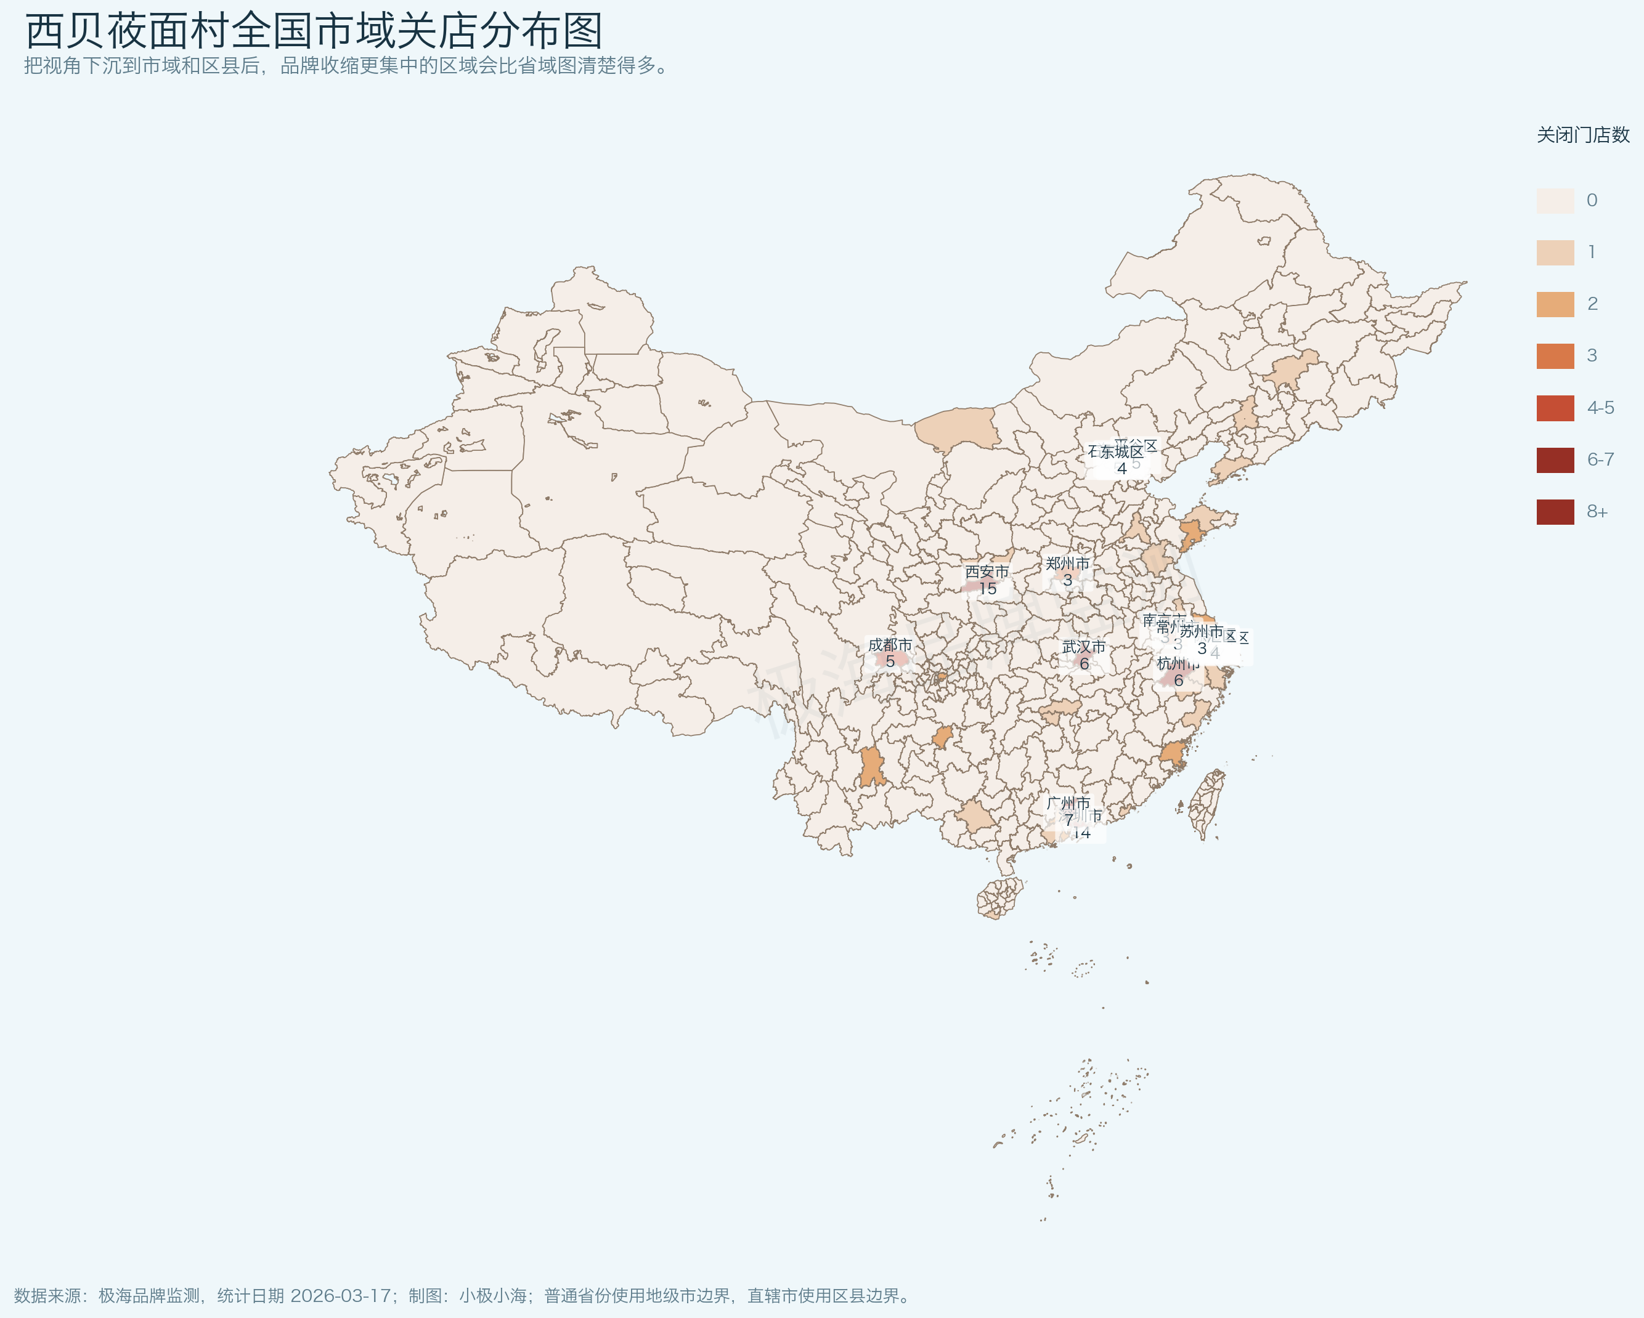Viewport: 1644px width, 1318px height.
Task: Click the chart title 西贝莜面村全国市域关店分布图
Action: click(x=314, y=31)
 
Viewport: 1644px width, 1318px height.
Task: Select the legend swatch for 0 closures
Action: click(x=1555, y=201)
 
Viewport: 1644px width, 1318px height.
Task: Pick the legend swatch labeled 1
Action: click(x=1555, y=253)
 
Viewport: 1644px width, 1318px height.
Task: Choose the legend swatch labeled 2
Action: click(x=1555, y=304)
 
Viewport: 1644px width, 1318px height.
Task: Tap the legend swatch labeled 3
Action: click(x=1555, y=356)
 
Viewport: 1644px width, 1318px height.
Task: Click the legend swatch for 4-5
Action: click(x=1555, y=408)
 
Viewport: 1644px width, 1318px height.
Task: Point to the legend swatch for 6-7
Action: click(x=1555, y=459)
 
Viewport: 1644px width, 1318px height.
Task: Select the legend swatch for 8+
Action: click(x=1555, y=512)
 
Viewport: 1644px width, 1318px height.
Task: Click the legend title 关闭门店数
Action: click(x=1582, y=135)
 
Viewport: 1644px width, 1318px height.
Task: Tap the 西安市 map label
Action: click(x=987, y=572)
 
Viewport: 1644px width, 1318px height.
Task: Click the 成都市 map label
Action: click(x=890, y=645)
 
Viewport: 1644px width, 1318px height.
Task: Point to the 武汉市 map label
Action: click(x=1083, y=647)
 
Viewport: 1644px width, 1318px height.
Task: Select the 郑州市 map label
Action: click(x=1067, y=564)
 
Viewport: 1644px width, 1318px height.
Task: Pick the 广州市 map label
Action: click(x=1068, y=803)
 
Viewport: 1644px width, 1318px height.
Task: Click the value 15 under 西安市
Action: click(x=988, y=589)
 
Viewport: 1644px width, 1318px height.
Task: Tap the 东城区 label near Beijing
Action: click(x=1121, y=452)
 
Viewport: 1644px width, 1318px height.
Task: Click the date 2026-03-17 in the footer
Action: click(x=340, y=1295)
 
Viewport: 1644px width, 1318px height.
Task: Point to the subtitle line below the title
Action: click(x=347, y=65)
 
